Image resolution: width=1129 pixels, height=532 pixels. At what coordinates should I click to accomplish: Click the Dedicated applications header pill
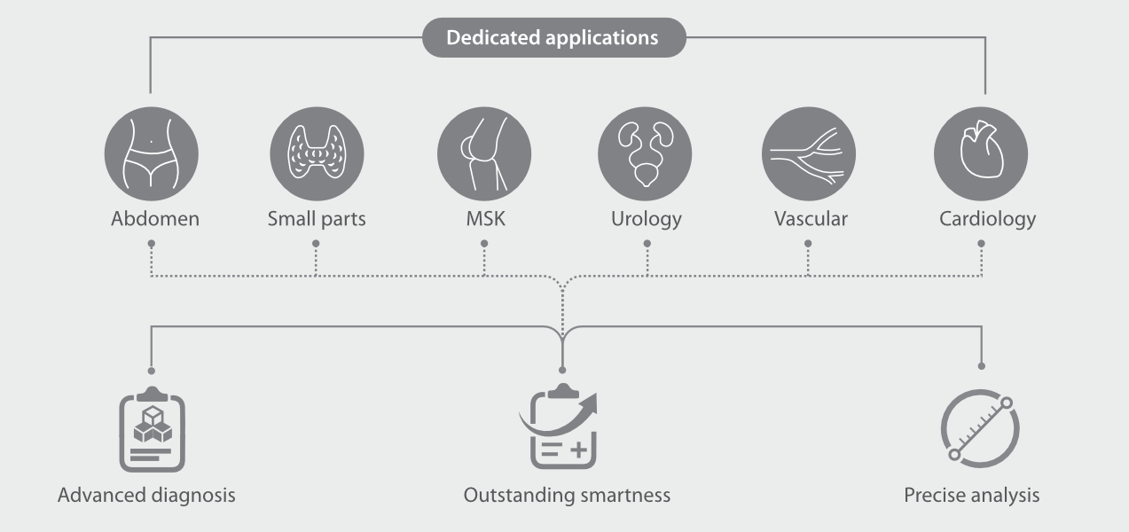(553, 38)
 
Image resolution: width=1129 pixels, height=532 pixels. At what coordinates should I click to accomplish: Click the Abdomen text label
(155, 219)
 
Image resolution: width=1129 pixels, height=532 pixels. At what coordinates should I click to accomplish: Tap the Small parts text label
(317, 219)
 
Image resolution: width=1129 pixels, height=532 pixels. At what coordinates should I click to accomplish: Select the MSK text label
(485, 219)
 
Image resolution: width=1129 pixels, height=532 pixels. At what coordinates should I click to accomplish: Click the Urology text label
(647, 219)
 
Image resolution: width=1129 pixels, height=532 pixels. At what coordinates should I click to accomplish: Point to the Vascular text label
(811, 219)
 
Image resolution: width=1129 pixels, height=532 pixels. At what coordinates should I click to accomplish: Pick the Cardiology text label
(987, 219)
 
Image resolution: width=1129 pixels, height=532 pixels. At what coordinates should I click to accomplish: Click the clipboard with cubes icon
(152, 430)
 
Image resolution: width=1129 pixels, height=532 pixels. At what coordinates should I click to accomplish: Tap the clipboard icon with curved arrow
(561, 428)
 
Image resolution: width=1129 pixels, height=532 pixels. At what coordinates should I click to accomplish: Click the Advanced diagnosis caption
(146, 495)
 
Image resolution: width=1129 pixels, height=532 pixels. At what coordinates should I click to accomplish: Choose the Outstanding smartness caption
(567, 495)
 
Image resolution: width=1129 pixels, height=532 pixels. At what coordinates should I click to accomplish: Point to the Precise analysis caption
(971, 495)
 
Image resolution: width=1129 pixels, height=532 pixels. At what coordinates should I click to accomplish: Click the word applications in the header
(603, 38)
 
